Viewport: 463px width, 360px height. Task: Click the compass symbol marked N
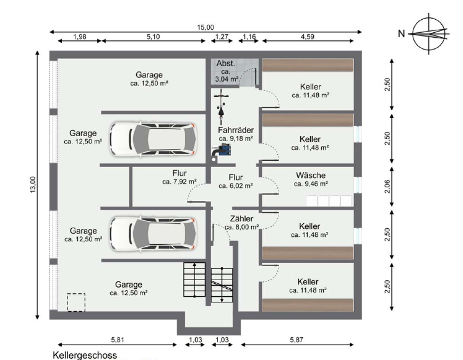[429, 34]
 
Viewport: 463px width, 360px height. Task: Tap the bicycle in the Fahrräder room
[221, 107]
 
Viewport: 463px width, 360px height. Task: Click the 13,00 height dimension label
[32, 185]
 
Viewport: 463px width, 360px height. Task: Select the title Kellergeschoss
[85, 355]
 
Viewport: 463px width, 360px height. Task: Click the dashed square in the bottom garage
[76, 302]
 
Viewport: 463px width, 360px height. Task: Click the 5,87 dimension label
[296, 340]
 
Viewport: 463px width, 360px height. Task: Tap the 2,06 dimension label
[387, 186]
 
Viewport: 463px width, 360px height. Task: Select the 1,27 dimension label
[222, 36]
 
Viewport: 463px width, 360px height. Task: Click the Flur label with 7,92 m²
[180, 177]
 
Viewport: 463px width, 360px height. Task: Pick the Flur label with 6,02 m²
[236, 181]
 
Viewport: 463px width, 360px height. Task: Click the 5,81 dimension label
[118, 340]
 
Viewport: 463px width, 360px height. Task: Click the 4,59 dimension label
[308, 36]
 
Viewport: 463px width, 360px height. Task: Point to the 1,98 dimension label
[80, 36]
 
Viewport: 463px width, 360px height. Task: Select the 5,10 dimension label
[153, 36]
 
